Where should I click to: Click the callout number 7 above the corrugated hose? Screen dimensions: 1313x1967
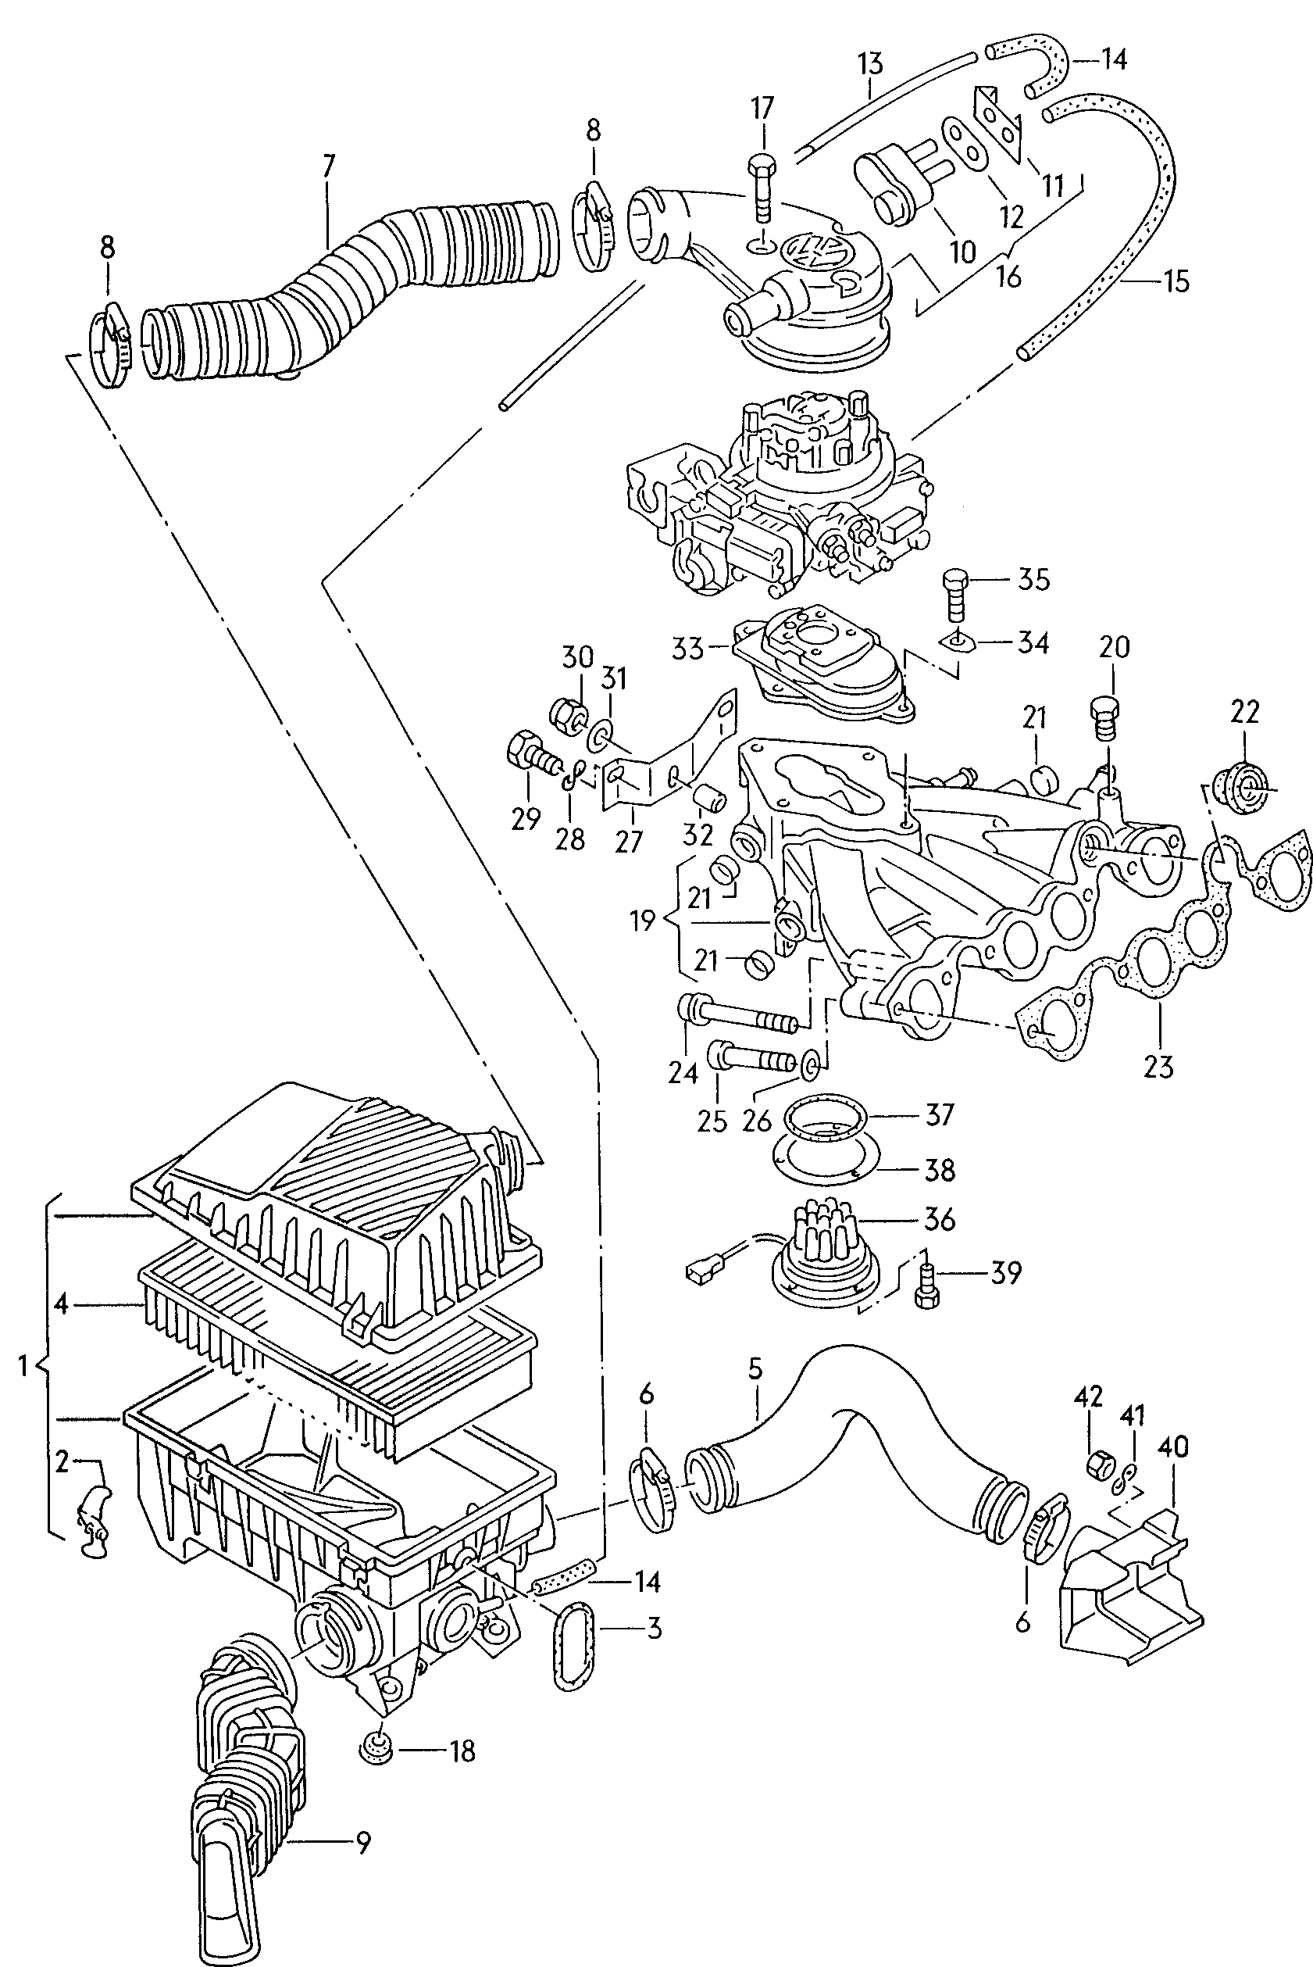328,166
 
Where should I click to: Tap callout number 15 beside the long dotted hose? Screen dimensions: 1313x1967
1176,281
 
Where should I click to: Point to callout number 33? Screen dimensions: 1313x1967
688,649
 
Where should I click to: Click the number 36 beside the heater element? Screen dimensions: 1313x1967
939,1220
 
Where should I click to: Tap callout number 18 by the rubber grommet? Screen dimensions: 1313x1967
462,1751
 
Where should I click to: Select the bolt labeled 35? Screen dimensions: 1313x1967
955,595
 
